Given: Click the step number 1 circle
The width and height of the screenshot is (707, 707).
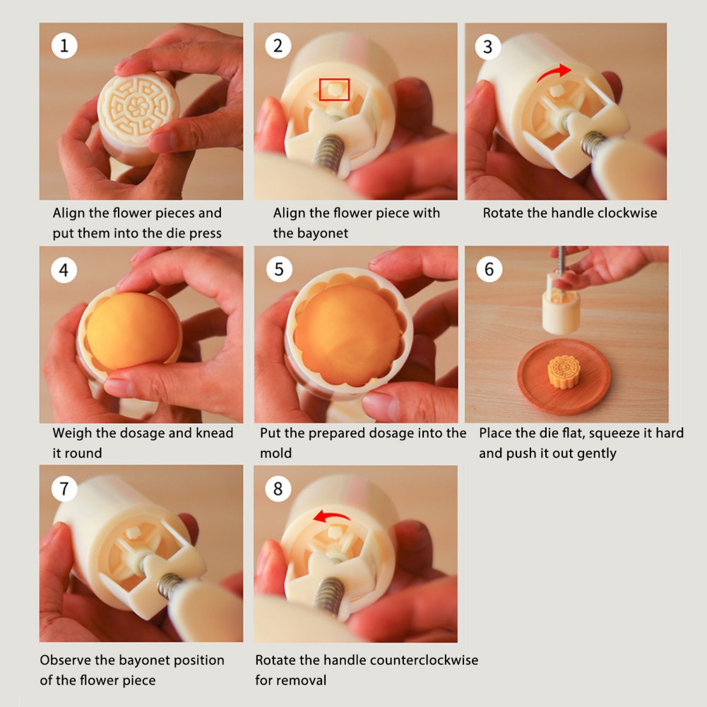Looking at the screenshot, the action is point(64,45).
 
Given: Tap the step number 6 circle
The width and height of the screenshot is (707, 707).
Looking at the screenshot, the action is point(489,269).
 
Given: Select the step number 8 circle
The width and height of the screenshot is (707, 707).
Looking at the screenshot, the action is point(278,488).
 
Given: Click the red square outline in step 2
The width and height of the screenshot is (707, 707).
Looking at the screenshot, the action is point(334,89).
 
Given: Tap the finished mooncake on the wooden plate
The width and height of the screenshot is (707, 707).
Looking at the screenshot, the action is point(564,372).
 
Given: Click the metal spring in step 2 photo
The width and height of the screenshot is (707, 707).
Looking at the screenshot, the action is point(330,153).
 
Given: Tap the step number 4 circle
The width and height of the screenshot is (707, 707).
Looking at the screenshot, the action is point(64,270).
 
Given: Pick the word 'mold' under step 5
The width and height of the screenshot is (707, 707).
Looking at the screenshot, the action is point(276,453).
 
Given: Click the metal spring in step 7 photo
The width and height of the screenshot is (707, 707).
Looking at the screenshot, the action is point(168,585).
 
